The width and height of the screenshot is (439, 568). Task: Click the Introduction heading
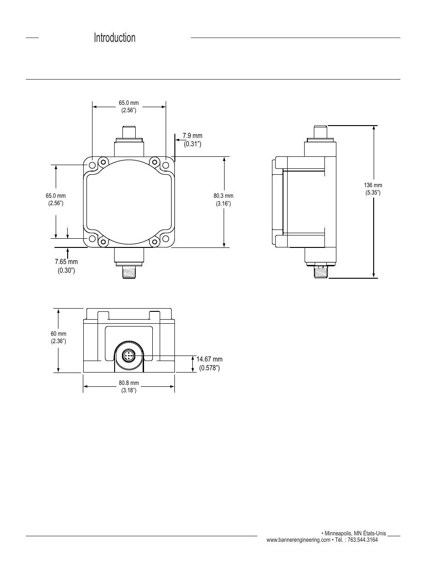tap(115, 38)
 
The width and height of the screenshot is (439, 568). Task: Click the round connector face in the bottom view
tap(128, 356)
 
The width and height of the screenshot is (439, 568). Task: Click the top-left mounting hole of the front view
tap(92, 165)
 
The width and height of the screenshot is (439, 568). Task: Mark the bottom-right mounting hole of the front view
tap(165, 239)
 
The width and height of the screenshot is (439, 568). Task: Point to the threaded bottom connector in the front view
tap(129, 272)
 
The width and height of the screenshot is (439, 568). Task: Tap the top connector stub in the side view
tap(320, 132)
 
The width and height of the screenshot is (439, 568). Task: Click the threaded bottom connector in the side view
tap(320, 272)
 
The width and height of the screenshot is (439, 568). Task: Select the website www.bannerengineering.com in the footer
tap(298, 539)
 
